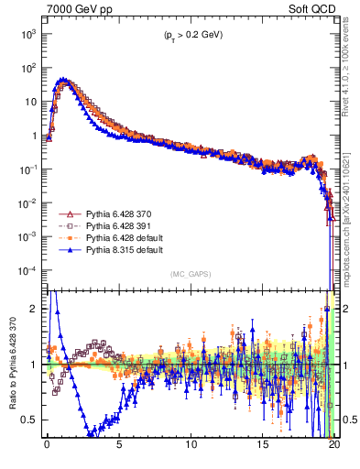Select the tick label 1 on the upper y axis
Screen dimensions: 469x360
point(34,136)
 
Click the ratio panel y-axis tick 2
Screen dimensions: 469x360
point(36,309)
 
